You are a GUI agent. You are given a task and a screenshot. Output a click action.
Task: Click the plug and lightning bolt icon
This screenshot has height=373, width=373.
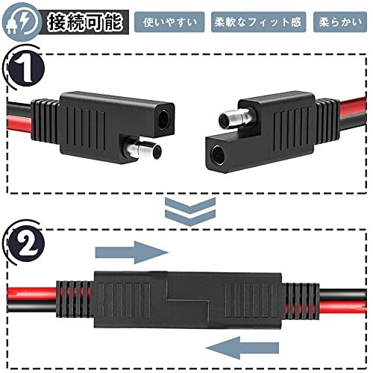click(21, 22)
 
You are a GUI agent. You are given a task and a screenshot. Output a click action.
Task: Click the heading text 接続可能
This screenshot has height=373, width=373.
click(85, 22)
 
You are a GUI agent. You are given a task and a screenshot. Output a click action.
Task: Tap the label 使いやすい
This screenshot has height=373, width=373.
click(169, 22)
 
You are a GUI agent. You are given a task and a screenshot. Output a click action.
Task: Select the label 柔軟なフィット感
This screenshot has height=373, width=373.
click(258, 22)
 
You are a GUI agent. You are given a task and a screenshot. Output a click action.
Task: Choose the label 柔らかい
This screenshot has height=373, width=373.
click(340, 22)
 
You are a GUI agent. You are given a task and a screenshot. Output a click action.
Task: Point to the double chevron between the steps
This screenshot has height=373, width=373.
click(190, 211)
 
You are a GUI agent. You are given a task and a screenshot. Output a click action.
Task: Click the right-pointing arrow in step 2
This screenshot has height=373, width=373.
click(132, 252)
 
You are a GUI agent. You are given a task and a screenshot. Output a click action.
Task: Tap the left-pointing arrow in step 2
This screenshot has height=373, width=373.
click(242, 348)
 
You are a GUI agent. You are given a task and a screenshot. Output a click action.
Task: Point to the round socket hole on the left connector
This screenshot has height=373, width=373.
click(164, 119)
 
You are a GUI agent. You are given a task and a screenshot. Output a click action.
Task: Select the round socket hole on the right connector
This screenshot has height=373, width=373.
click(217, 154)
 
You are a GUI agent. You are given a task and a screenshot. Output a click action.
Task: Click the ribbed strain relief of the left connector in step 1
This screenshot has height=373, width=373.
click(45, 122)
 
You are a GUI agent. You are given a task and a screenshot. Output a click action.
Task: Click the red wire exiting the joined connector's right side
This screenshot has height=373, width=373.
click(342, 307)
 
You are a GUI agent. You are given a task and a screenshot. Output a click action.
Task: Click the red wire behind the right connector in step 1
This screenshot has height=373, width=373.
click(353, 107)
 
